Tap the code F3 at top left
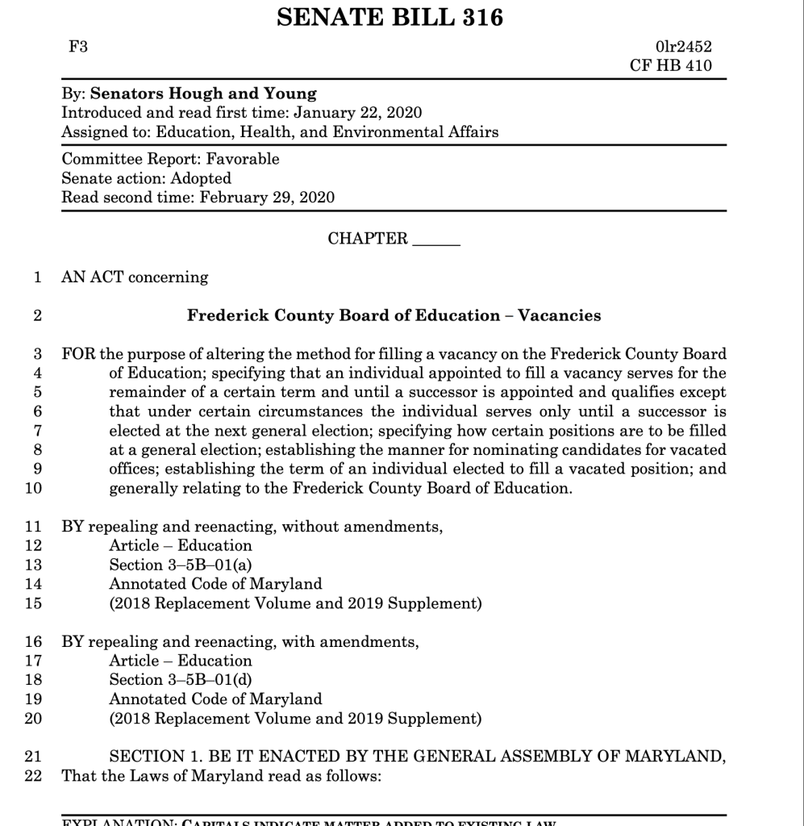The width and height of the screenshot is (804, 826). click(78, 48)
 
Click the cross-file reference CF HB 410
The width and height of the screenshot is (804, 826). click(671, 66)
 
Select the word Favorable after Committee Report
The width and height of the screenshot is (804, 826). click(243, 159)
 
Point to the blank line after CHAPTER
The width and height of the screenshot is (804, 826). click(435, 240)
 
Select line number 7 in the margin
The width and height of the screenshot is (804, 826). click(35, 431)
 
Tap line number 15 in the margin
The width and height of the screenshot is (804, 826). click(32, 603)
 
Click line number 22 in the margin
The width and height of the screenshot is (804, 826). click(32, 777)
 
